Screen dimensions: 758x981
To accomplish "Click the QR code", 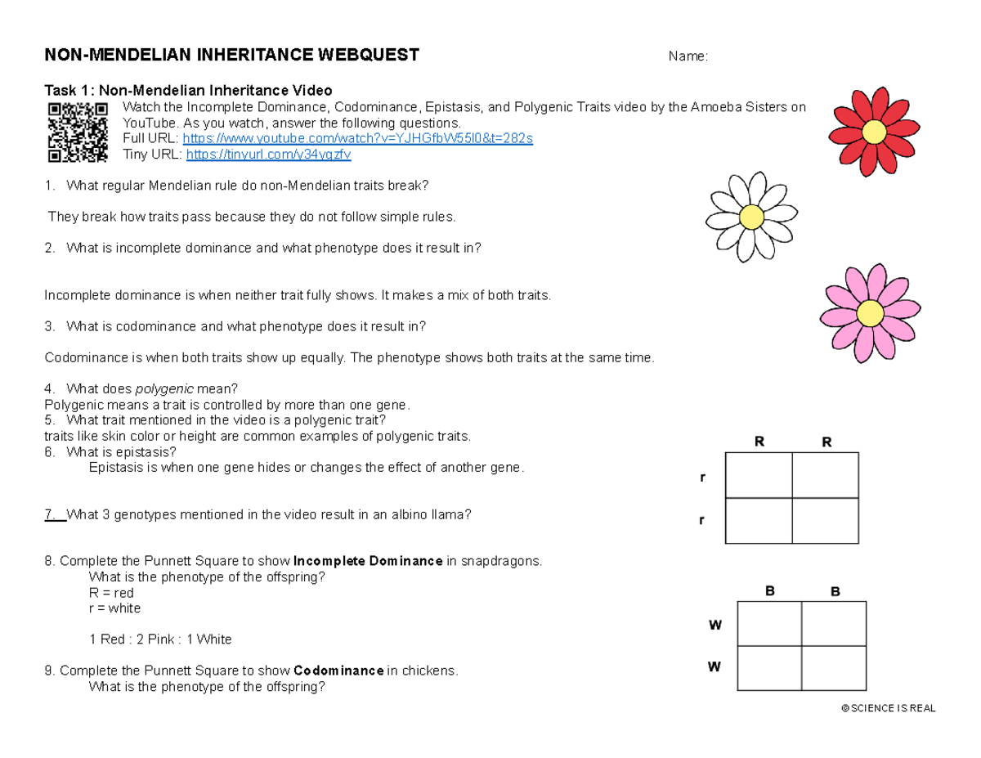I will click(78, 132).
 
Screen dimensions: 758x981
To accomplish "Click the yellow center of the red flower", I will click(873, 131).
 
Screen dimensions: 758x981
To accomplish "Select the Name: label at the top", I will click(688, 56).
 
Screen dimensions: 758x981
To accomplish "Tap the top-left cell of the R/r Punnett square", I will click(759, 474).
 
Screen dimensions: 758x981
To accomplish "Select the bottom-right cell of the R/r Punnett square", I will click(826, 520).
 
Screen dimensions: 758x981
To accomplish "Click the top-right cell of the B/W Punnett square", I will click(832, 623).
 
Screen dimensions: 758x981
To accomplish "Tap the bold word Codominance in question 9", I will click(338, 671).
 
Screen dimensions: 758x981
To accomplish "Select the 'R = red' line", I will click(111, 593).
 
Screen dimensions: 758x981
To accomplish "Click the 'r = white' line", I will click(114, 608).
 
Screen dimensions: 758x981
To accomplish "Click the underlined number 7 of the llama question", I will click(51, 515).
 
